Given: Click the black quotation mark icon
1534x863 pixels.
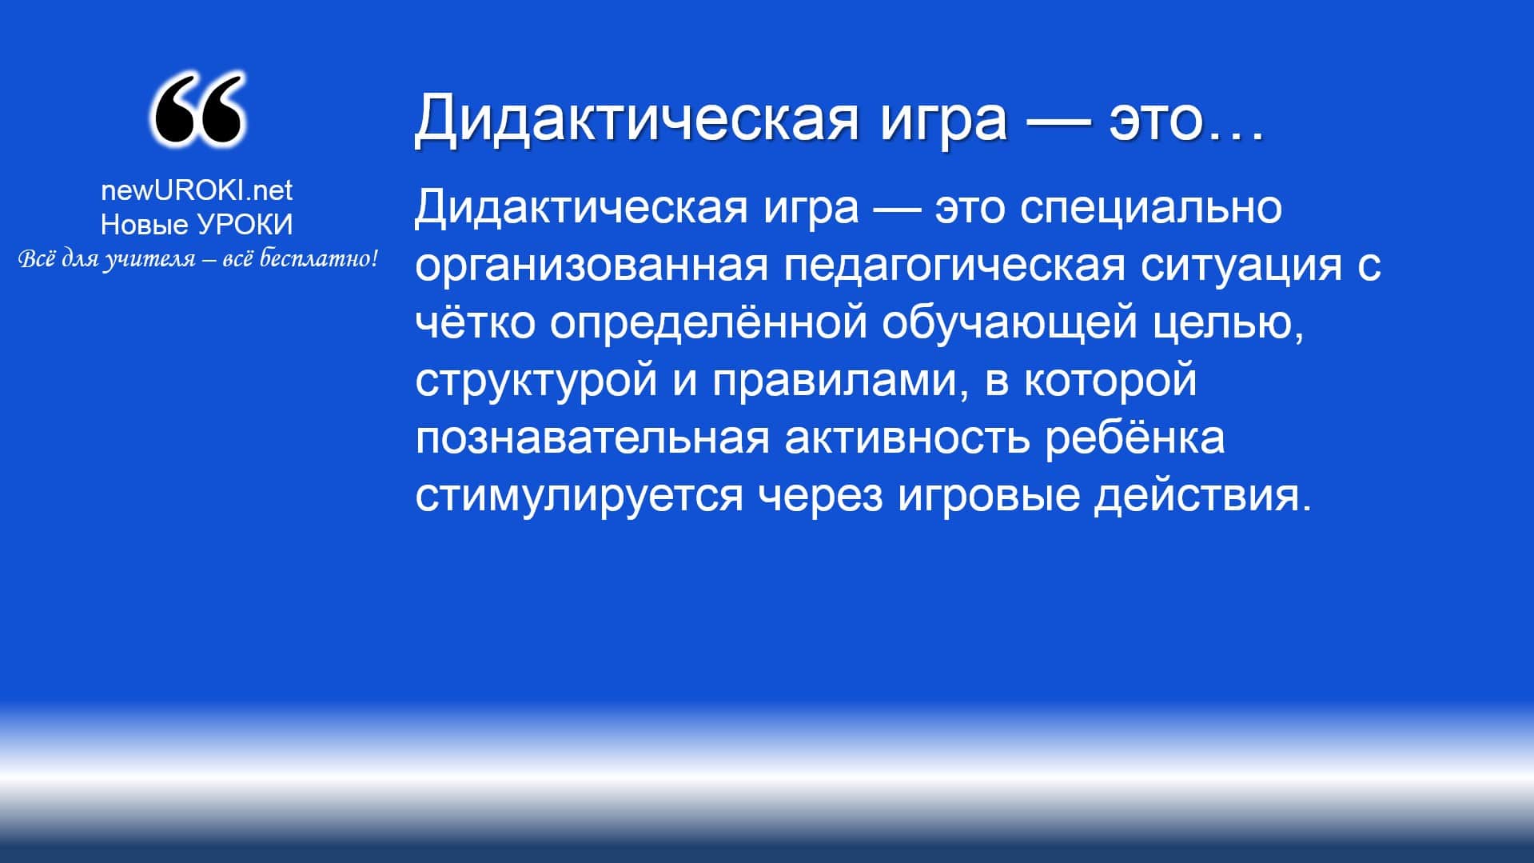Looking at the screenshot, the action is tap(197, 110).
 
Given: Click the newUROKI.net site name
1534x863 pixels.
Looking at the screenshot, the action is tap(197, 190).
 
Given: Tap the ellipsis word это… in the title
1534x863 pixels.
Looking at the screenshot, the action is tap(1186, 118).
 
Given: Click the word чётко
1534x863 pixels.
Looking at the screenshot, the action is tap(475, 322).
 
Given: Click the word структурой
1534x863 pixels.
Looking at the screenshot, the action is tap(536, 382).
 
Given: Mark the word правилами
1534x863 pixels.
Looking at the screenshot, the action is tap(835, 382).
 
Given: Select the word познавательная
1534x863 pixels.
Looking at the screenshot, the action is tap(592, 437).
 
